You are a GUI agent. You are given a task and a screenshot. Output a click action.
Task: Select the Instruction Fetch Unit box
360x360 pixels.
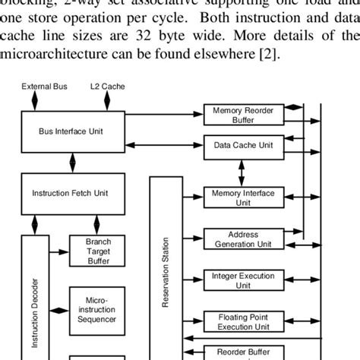[x=70, y=193]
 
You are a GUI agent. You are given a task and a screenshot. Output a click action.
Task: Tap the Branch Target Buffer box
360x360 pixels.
[x=94, y=251]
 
